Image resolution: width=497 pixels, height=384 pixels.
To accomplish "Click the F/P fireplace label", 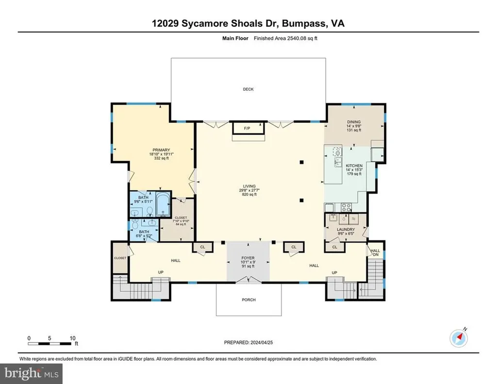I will click(247, 128).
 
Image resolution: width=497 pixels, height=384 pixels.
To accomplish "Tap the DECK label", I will click(248, 89).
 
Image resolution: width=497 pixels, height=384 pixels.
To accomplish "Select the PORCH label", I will click(248, 300).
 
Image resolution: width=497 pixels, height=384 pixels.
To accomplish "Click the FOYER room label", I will click(248, 258).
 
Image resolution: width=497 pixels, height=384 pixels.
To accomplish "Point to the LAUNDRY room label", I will click(347, 229).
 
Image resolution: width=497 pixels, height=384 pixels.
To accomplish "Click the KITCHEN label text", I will click(354, 166).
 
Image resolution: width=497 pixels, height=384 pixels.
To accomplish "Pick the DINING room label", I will click(353, 122).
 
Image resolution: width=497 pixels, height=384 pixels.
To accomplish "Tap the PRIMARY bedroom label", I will click(161, 150).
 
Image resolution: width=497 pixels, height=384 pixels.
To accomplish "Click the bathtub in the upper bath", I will click(162, 204).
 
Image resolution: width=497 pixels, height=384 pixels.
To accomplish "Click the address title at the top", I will click(248, 23).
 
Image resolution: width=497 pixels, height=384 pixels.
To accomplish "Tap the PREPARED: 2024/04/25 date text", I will click(248, 342).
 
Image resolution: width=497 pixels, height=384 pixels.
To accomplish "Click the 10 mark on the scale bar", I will click(72, 338).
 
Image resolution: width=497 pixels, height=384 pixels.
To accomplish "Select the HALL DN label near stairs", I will click(375, 253).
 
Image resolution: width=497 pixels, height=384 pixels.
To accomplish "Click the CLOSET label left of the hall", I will click(120, 258).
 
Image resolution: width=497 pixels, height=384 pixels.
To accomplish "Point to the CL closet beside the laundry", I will click(335, 247).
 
